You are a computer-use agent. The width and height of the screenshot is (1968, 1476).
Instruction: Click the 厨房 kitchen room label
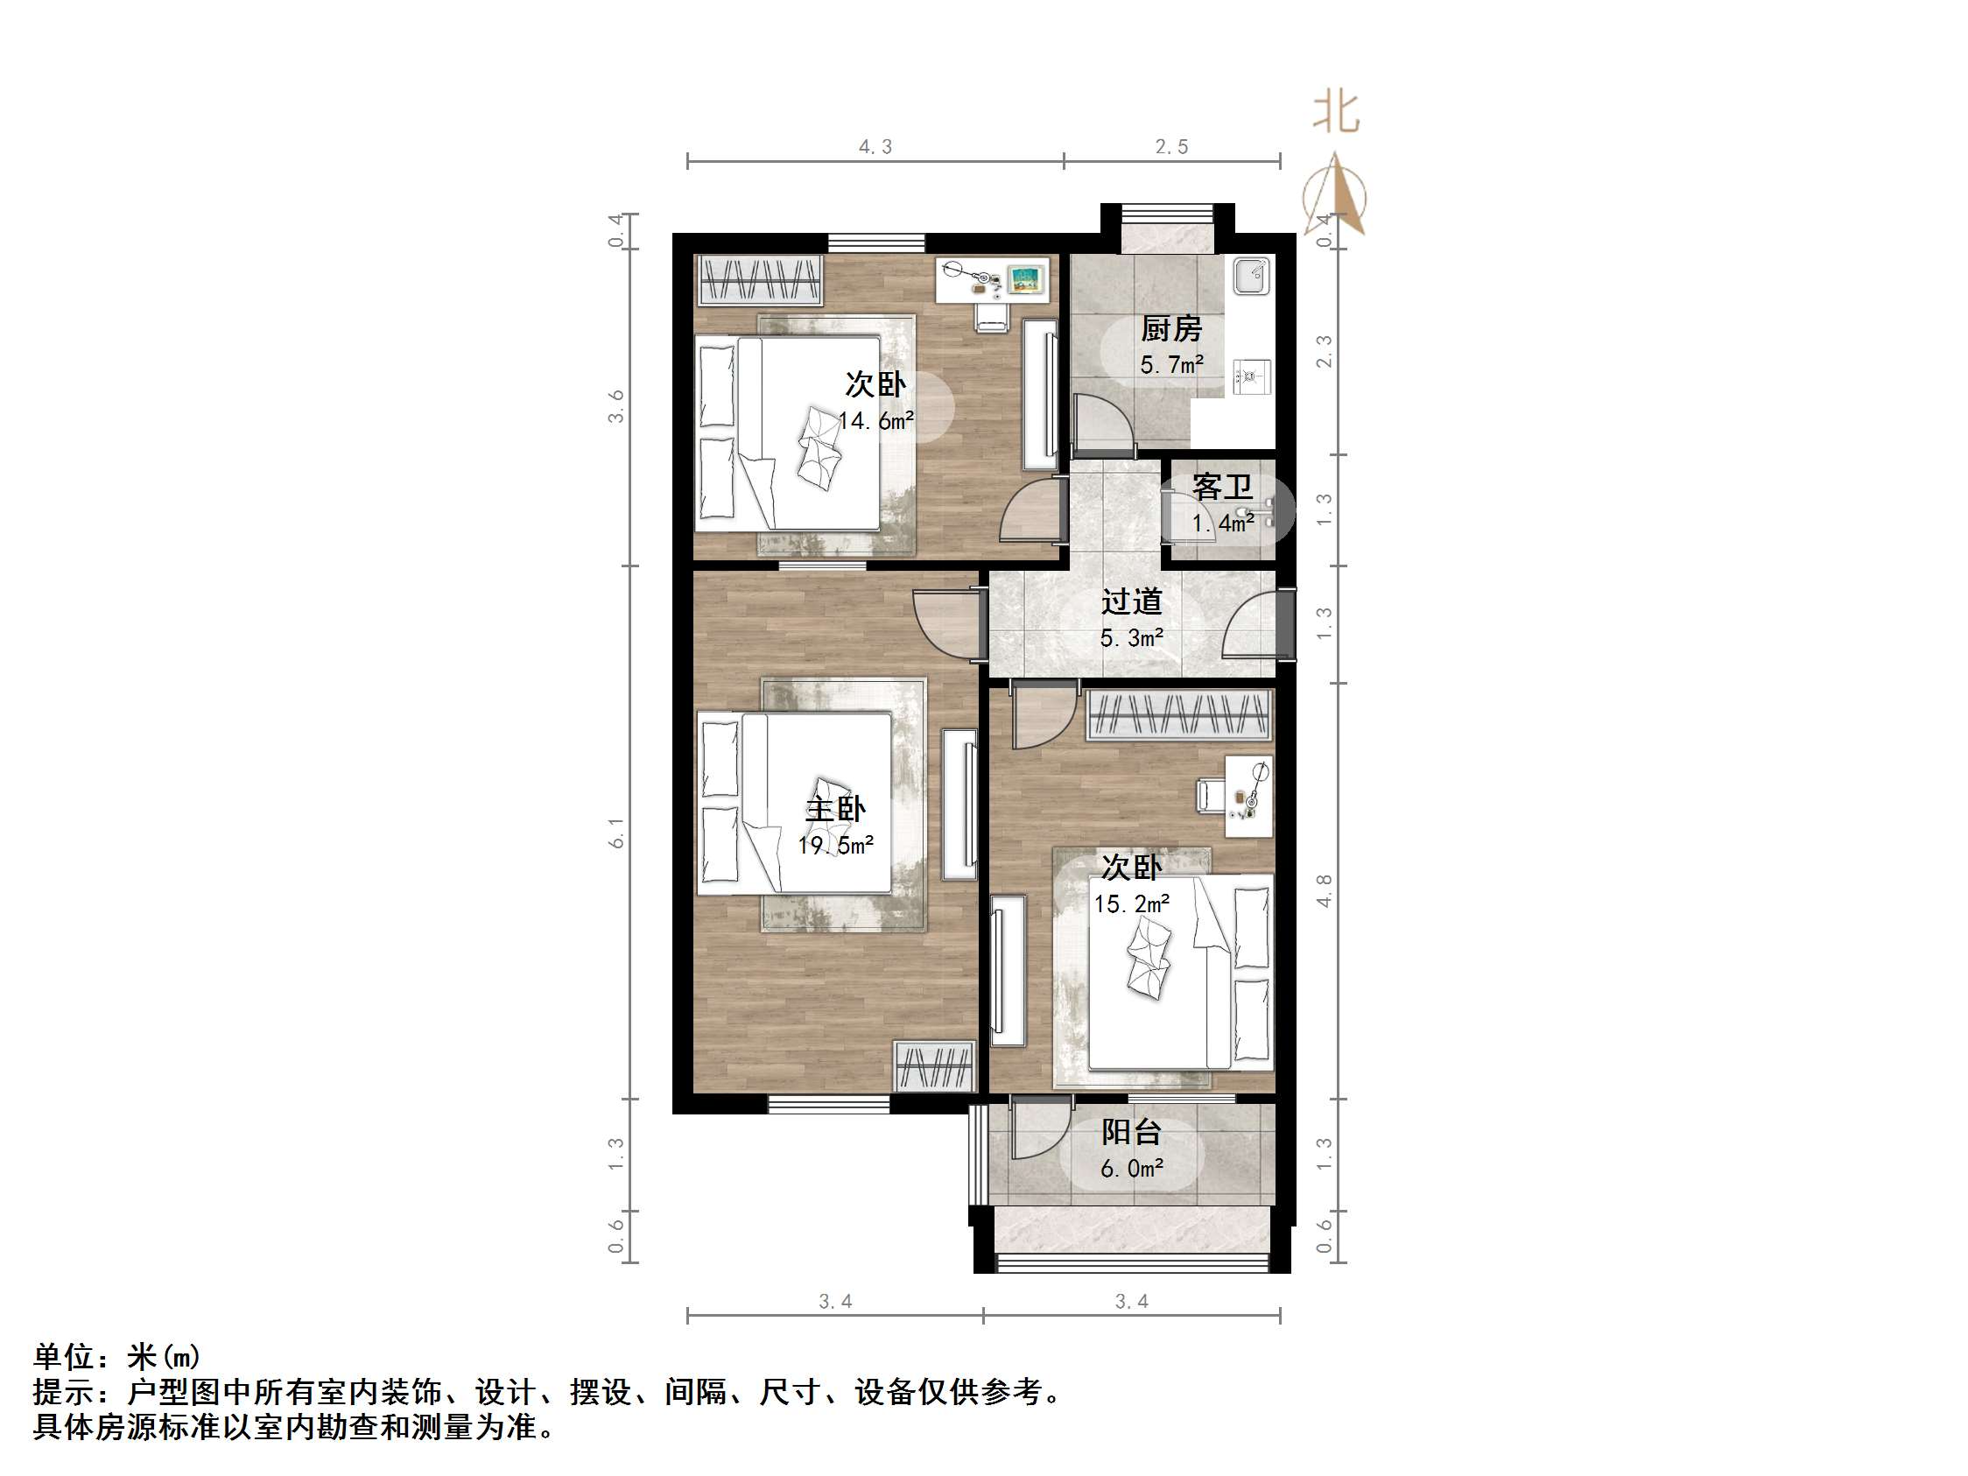point(1170,329)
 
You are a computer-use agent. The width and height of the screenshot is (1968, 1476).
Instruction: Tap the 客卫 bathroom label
point(1221,487)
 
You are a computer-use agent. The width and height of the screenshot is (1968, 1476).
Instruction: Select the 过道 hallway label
point(1131,602)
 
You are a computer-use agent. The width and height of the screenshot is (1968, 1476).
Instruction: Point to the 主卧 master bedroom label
point(834,809)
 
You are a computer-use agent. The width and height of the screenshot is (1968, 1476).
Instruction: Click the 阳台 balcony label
point(1131,1132)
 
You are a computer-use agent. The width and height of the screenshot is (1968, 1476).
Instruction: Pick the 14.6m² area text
point(876,421)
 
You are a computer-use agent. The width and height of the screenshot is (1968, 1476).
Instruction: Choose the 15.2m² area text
point(1131,904)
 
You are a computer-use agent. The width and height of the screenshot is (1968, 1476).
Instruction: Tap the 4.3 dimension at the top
point(875,147)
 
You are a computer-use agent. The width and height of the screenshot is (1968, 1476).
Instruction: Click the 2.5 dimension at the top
point(1171,147)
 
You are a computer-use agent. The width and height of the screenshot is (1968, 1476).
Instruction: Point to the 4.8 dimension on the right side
point(1324,890)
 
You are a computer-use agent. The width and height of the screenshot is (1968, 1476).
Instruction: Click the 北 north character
point(1336,113)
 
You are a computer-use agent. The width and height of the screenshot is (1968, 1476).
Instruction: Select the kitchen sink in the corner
point(1253,275)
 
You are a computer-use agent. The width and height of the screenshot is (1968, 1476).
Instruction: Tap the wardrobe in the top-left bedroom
point(759,279)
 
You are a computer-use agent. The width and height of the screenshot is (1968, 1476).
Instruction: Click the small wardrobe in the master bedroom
point(934,1065)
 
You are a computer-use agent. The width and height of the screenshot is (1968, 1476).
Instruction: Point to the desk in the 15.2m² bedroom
point(1248,797)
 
